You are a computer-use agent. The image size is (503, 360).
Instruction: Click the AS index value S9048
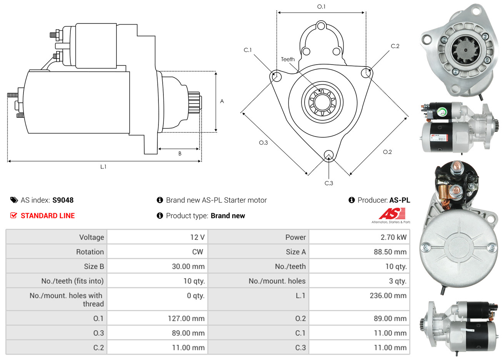[63, 200]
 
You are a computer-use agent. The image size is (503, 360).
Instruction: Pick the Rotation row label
[90, 252]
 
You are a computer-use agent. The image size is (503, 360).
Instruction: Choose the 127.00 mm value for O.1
[186, 319]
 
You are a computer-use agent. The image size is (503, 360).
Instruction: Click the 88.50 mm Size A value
[390, 252]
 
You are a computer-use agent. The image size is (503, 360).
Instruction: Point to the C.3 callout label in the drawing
[329, 183]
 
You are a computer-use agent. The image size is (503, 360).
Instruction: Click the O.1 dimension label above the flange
[321, 7]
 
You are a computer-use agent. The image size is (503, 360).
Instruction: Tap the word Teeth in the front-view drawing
[288, 59]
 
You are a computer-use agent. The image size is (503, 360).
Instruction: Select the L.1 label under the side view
[103, 167]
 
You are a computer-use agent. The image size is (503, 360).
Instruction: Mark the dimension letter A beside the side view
[222, 101]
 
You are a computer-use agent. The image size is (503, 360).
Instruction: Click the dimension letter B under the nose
[180, 153]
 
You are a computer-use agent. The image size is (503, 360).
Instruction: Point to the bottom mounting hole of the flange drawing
[328, 155]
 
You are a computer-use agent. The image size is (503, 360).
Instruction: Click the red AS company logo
[392, 213]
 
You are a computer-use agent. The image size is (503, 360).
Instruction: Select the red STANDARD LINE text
[48, 216]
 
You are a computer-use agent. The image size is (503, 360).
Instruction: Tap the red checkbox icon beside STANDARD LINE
[13, 216]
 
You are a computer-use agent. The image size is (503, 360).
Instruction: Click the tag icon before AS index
[14, 200]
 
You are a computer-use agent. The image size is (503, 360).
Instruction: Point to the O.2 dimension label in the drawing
[387, 152]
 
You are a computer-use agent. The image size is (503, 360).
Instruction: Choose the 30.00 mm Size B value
[188, 267]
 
